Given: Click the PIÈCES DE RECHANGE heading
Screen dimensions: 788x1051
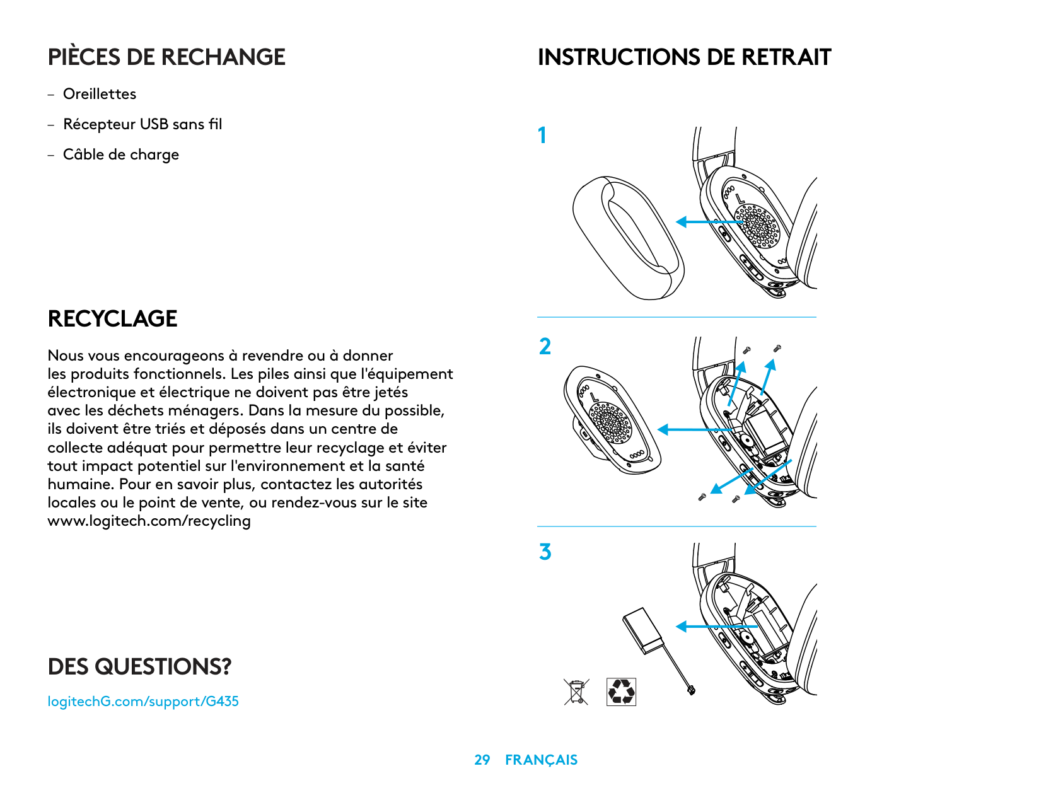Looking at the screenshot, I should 166,57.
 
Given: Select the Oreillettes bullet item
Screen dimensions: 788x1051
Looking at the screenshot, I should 100,94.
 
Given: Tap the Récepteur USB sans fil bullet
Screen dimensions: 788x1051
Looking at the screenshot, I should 142,124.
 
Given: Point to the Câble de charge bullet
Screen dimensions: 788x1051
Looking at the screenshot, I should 121,154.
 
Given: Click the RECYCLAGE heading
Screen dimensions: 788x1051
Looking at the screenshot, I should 112,318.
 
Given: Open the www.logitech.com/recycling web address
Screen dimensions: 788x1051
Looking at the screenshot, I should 149,521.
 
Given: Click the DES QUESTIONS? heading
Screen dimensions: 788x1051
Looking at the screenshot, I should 139,666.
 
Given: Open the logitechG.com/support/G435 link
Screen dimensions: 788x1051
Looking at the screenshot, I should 143,701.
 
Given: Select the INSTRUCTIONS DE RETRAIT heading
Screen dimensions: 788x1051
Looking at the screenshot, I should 684,57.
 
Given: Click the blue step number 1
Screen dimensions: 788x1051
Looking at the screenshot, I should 542,136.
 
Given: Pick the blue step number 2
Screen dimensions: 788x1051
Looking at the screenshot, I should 545,347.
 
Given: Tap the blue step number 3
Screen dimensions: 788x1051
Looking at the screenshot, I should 545,552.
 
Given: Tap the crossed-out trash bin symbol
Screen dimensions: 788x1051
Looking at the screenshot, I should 576,692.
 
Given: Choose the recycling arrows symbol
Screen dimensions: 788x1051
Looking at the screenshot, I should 621,692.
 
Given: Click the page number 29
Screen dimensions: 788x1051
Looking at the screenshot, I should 482,760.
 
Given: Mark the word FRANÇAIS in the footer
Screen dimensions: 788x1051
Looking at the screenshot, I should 541,760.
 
